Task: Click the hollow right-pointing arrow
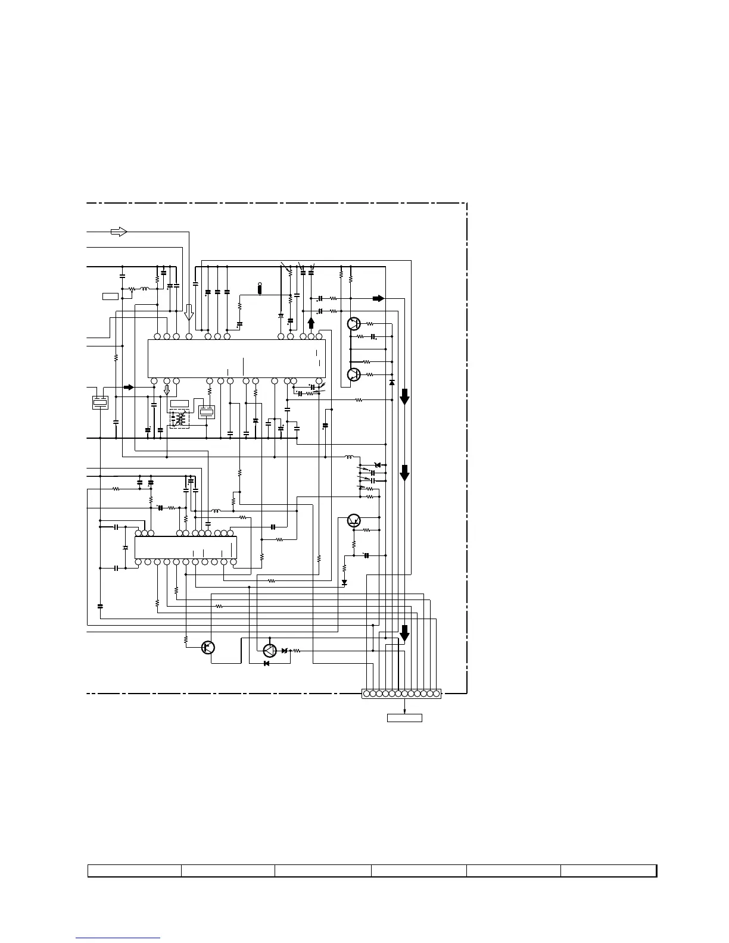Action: pos(119,232)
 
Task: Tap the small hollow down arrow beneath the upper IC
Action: pos(167,390)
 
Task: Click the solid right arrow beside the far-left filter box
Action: pos(128,388)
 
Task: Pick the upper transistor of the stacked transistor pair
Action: pos(353,324)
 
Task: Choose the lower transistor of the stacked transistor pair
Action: pos(353,374)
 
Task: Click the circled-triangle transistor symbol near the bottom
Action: pos(270,651)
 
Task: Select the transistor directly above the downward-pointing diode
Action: pos(354,520)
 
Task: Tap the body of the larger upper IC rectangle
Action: pos(236,358)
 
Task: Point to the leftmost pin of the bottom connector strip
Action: pos(366,694)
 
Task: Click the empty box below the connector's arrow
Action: pos(404,718)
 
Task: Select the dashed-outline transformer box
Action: pos(179,419)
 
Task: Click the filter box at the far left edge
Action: pos(100,402)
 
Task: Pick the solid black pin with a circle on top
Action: pos(260,288)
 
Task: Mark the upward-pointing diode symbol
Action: pos(391,382)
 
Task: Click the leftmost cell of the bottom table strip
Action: pos(135,871)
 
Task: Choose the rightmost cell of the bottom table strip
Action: pos(608,871)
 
